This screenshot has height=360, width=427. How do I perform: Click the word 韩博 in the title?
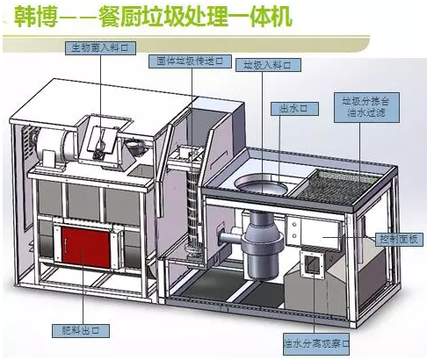tap(24, 18)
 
